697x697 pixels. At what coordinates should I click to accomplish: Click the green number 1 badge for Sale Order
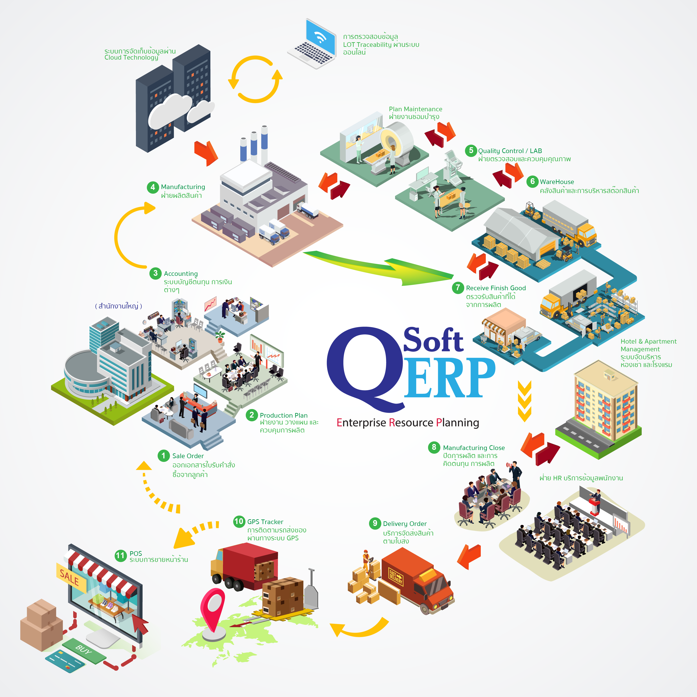coord(163,455)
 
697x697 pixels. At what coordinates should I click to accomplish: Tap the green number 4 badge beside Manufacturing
coord(153,187)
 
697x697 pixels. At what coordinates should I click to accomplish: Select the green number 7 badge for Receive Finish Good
coord(458,288)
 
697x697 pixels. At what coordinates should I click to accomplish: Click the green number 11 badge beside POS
coord(120,555)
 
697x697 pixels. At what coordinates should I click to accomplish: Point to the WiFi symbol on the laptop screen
coord(320,36)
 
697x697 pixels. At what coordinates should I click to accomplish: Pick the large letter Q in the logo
coord(364,368)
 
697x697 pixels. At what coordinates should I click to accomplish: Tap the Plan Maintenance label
coord(415,109)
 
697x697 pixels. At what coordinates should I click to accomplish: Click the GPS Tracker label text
coord(265,522)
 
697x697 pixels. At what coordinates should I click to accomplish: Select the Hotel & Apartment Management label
coord(648,345)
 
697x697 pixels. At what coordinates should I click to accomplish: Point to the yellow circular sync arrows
coord(255,79)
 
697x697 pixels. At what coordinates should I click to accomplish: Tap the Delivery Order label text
coord(405,523)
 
